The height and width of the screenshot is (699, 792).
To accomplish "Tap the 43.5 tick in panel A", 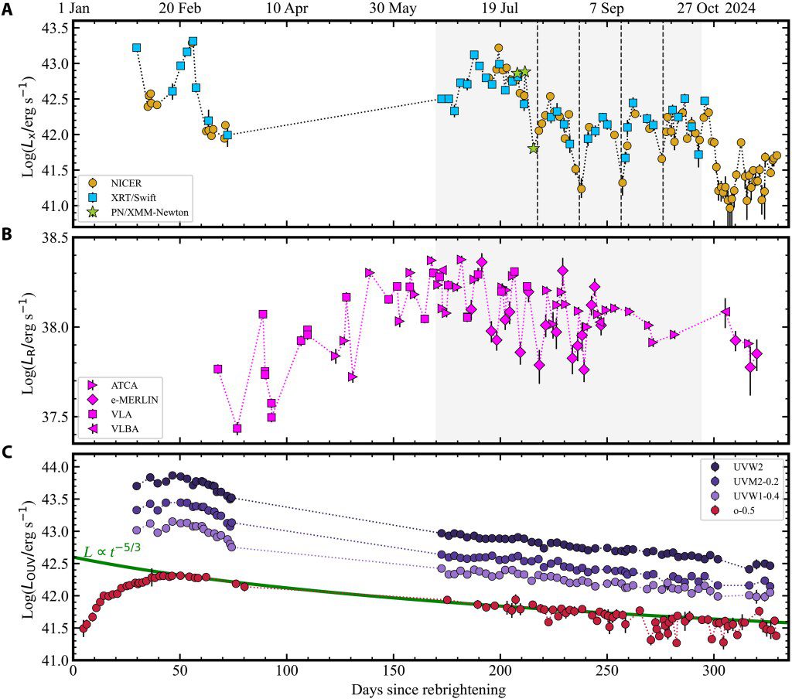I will (x=55, y=28).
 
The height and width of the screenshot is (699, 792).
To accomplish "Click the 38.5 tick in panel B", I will (x=55, y=238).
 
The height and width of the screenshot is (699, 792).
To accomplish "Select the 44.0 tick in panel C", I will (x=55, y=468).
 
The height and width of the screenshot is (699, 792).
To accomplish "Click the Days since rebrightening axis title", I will (x=430, y=689).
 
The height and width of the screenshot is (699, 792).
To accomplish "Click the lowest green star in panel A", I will (x=534, y=148).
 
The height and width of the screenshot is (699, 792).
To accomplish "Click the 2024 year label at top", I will (x=742, y=9).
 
